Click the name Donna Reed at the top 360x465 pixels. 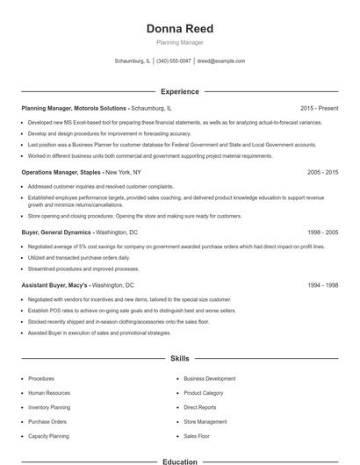pyautogui.click(x=179, y=29)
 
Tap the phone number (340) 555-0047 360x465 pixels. pyautogui.click(x=174, y=61)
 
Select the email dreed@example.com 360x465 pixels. pyautogui.click(x=220, y=61)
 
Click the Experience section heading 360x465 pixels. pyautogui.click(x=179, y=91)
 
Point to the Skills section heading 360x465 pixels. pyautogui.click(x=179, y=358)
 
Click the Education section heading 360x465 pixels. pyautogui.click(x=179, y=461)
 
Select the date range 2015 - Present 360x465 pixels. pyautogui.click(x=319, y=108)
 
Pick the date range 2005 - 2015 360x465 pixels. pyautogui.click(x=322, y=172)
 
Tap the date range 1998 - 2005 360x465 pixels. pyautogui.click(x=322, y=232)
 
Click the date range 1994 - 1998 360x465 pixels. pyautogui.click(x=322, y=285)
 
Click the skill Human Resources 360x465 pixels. pyautogui.click(x=49, y=393)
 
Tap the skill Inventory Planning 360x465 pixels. pyautogui.click(x=50, y=407)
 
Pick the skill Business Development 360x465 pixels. pyautogui.click(x=209, y=378)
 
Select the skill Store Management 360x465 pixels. pyautogui.click(x=205, y=421)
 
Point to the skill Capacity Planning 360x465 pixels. pyautogui.click(x=48, y=435)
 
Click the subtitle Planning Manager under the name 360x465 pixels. pyautogui.click(x=179, y=42)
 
